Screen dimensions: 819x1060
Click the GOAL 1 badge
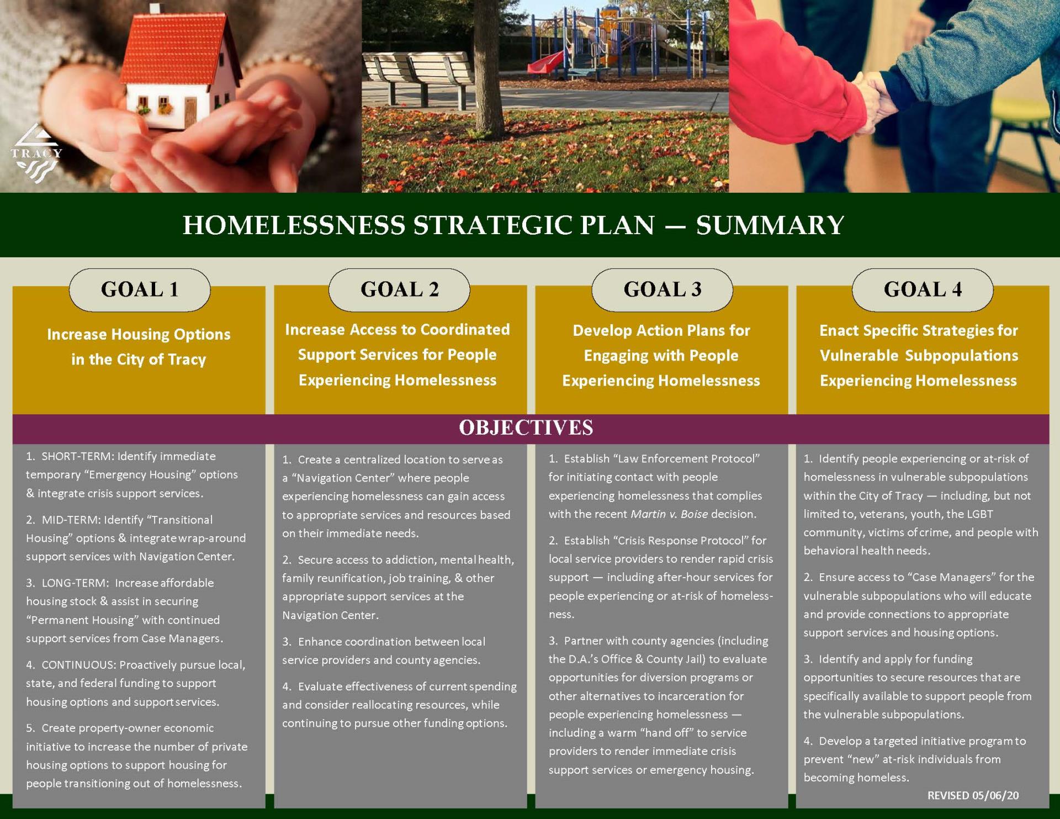click(x=140, y=290)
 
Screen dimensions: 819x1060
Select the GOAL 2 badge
click(x=399, y=290)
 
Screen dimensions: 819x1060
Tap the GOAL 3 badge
click(x=662, y=290)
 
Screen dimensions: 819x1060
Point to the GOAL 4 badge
click(x=923, y=290)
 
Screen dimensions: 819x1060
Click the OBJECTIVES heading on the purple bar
click(x=526, y=428)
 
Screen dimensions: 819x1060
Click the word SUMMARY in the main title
click(x=770, y=225)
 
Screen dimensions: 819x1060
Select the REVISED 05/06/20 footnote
click(x=973, y=795)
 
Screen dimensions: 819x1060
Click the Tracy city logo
click(x=36, y=154)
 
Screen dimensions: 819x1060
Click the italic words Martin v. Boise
click(x=669, y=514)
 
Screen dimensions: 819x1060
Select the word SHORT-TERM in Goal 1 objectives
click(x=77, y=456)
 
